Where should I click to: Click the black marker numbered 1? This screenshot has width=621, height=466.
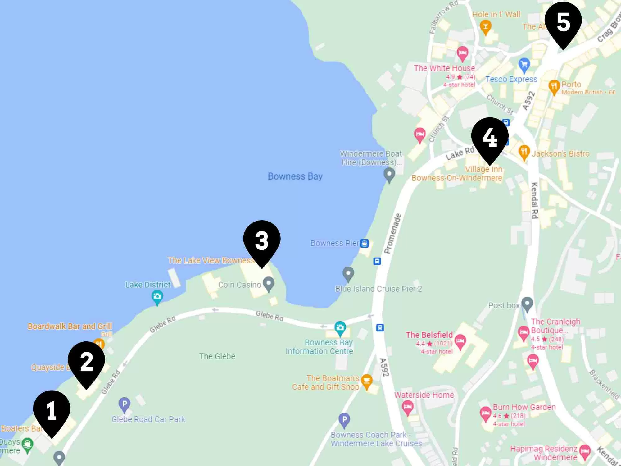coord(52,410)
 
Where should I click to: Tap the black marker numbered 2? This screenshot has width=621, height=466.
coord(86,361)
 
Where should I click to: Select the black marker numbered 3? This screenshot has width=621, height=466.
coord(262,240)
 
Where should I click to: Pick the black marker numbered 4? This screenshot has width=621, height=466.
coord(490,137)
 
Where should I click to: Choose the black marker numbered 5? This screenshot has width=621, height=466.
coord(563,22)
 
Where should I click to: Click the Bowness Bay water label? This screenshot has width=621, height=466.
coord(295,176)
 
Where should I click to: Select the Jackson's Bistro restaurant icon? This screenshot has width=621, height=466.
coord(524,152)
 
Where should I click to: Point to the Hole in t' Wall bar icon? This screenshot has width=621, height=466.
coord(485,26)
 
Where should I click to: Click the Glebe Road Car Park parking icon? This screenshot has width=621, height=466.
coord(124,404)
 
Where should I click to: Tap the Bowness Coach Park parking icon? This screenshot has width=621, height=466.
coord(344,420)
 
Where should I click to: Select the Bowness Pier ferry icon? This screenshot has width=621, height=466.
coord(364,243)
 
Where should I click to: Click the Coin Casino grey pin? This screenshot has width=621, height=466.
coord(269,283)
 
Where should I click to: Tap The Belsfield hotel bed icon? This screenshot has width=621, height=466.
coord(460,341)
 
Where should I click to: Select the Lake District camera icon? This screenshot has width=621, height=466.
coord(157,296)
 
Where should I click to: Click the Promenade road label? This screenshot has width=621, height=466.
coord(393,233)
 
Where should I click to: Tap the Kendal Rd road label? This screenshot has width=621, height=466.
coord(534,200)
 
